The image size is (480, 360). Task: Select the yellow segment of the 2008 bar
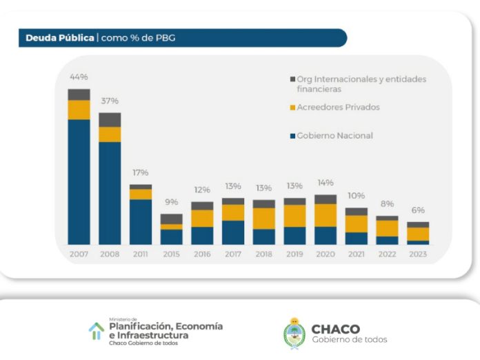[110, 134]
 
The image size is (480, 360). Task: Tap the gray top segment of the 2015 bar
[171, 219]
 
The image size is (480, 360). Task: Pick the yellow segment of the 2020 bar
[326, 215]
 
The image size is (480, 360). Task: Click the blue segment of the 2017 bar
[233, 232]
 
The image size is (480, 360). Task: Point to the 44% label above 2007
[78, 77]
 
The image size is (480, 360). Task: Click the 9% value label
[171, 202]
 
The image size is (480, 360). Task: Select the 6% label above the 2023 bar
[418, 210]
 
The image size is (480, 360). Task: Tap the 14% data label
[326, 183]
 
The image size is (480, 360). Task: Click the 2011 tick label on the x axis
[140, 254]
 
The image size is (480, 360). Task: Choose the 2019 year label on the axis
[294, 254]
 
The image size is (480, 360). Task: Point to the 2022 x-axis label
[387, 254]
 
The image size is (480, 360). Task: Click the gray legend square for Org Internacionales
[292, 79]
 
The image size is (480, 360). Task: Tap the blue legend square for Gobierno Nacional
[292, 136]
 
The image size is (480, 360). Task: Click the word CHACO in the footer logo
[336, 329]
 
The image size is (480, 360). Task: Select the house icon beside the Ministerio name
[96, 330]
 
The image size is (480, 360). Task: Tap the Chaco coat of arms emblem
[294, 333]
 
